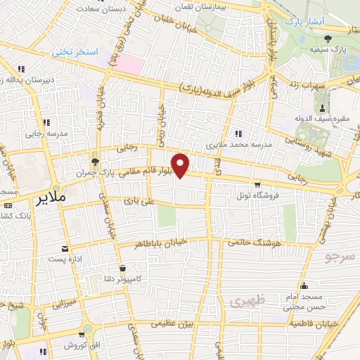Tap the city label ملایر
(51, 197)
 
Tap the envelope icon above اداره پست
(65, 249)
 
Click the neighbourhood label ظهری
(245, 302)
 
